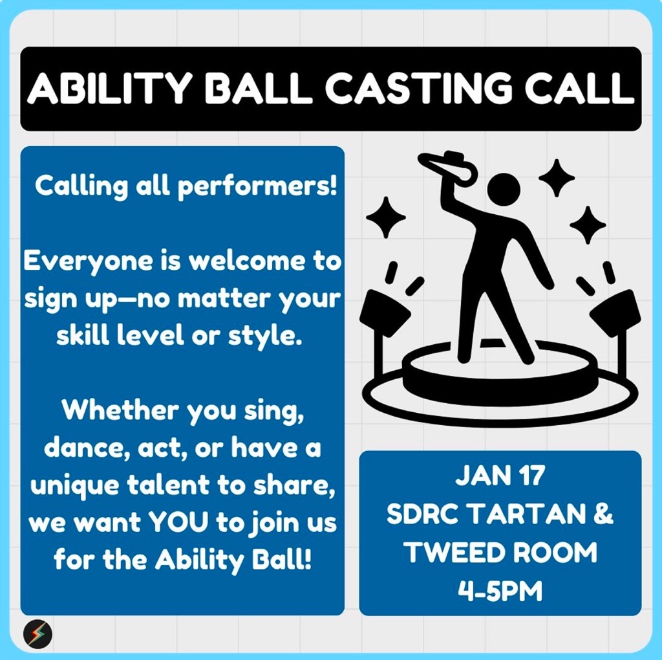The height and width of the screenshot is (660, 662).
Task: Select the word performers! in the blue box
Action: tap(257, 187)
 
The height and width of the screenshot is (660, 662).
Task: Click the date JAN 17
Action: tap(500, 476)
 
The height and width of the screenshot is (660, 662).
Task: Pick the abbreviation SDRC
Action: tap(423, 514)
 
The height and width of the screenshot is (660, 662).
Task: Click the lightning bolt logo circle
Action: tap(37, 634)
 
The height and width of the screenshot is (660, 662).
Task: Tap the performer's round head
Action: tap(504, 189)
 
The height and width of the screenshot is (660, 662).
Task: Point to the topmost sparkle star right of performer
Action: tap(557, 178)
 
